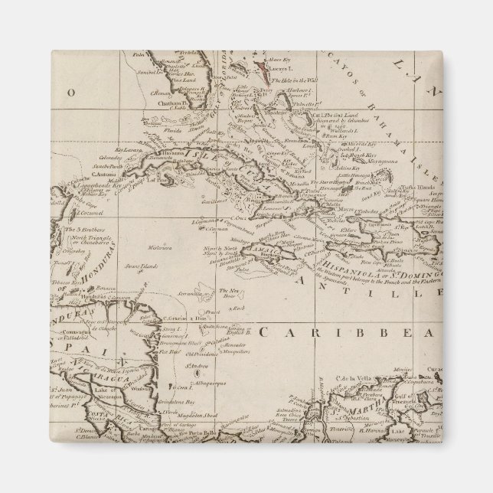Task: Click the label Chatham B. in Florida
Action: pos(153,101)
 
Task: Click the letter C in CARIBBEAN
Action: pos(263,332)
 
